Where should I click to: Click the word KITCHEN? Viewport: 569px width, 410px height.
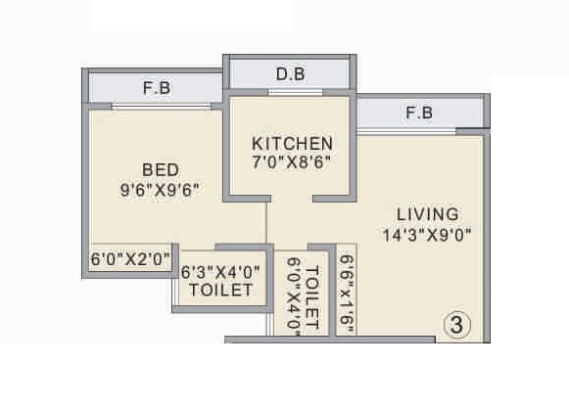(x=292, y=143)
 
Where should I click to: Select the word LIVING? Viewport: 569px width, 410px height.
(x=428, y=213)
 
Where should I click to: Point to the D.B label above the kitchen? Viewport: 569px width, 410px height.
(x=288, y=74)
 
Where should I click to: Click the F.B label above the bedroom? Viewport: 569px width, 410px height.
(x=157, y=88)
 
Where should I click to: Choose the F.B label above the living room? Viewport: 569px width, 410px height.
(x=419, y=114)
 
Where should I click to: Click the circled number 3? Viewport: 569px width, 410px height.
(x=455, y=324)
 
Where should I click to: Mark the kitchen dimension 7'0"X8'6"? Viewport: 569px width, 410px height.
(x=292, y=162)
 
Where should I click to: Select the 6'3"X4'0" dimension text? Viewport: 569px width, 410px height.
(x=221, y=271)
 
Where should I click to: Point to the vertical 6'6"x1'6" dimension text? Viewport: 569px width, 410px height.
(x=346, y=295)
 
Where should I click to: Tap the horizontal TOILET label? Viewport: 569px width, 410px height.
(x=221, y=291)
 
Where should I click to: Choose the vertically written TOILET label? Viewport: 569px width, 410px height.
(x=312, y=297)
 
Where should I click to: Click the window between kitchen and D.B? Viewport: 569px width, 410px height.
(x=288, y=93)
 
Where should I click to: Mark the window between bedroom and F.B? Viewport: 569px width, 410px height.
(x=160, y=106)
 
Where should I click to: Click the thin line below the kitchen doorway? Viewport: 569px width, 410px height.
(x=268, y=220)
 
